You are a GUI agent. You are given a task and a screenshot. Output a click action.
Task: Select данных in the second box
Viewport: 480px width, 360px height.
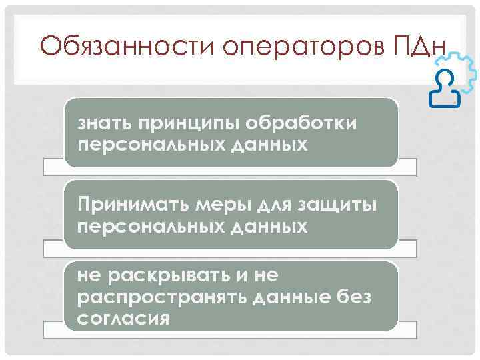coord(271,227)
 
